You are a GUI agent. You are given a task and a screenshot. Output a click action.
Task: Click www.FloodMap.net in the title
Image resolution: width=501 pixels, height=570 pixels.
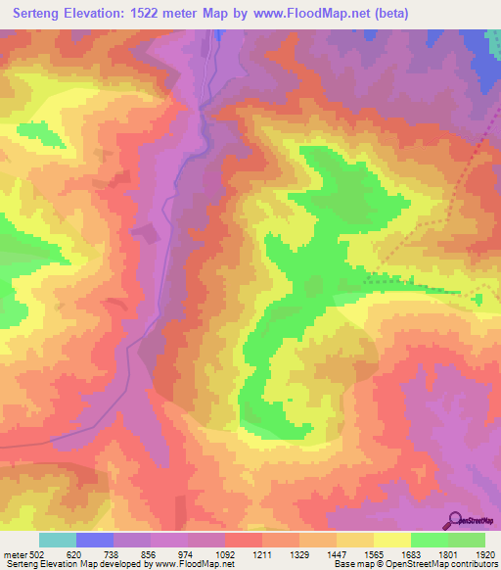[x=310, y=13]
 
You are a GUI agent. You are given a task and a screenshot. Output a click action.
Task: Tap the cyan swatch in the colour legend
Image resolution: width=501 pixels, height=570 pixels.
[x=58, y=540]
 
